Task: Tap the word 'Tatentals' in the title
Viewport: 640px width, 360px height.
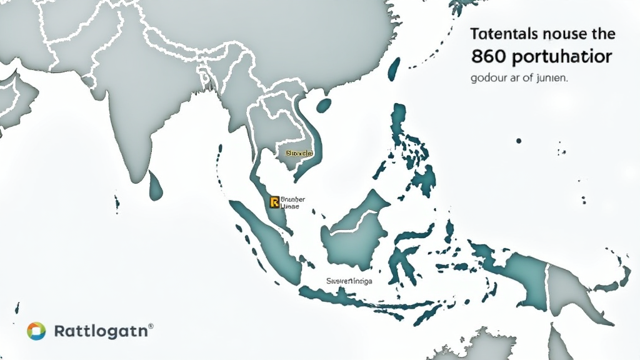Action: click(501, 34)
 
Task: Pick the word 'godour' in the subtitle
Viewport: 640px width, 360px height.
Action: click(487, 79)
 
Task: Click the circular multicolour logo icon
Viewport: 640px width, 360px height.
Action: click(36, 331)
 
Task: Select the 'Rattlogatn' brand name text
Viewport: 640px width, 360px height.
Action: click(100, 331)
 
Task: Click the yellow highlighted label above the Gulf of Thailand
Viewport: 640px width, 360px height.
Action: click(299, 152)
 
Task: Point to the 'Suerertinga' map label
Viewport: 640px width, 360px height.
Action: click(349, 281)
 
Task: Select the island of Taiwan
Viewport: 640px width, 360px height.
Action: click(394, 69)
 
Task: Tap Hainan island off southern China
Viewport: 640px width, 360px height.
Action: click(323, 106)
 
